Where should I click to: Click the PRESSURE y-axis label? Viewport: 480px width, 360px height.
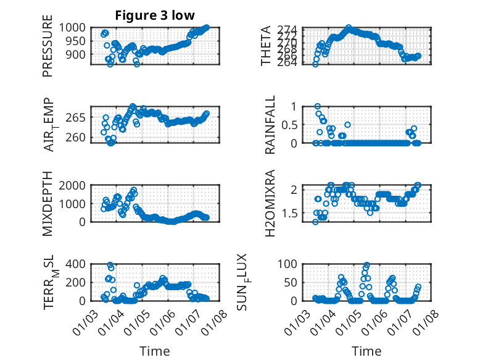click(x=48, y=51)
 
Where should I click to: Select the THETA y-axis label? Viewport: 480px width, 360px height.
click(x=266, y=46)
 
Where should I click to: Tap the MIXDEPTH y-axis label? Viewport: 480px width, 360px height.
click(x=48, y=204)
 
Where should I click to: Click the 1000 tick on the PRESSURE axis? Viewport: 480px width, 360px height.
click(x=75, y=28)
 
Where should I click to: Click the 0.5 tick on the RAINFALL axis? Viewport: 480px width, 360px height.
click(x=291, y=125)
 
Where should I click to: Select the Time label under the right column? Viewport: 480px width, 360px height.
click(x=366, y=351)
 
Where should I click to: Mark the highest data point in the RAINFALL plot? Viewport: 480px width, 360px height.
click(x=318, y=106)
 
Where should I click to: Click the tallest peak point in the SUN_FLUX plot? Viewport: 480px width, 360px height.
click(x=367, y=265)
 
